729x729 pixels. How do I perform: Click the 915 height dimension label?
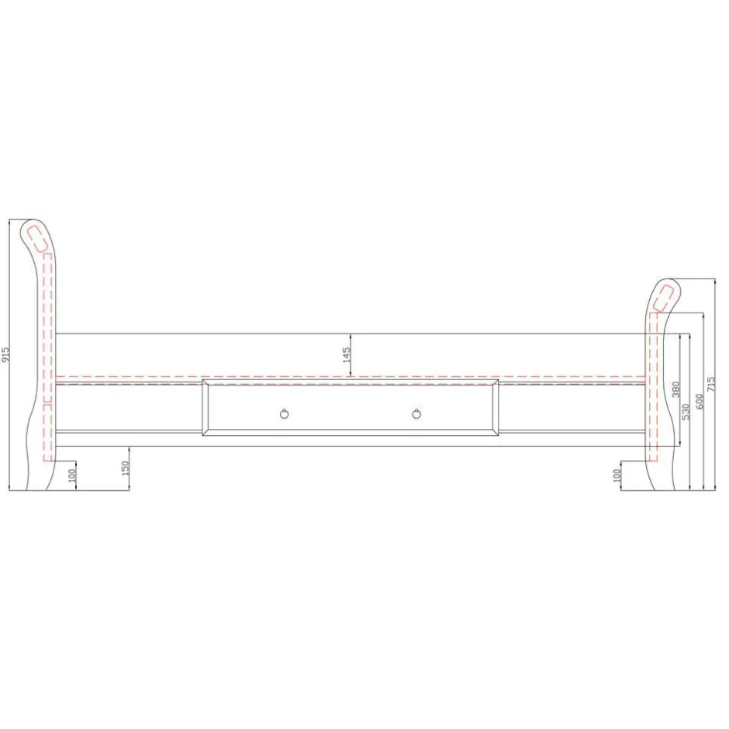tap(6, 354)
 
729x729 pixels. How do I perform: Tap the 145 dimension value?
tap(347, 354)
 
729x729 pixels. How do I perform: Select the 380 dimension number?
tap(676, 389)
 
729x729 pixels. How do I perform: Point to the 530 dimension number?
tap(686, 412)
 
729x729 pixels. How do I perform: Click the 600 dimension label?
tap(700, 402)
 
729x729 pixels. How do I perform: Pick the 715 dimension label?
tap(711, 384)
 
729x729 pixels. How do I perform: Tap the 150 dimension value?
tap(125, 468)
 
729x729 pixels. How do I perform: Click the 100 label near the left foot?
tap(71, 475)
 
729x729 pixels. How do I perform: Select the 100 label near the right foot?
tap(617, 475)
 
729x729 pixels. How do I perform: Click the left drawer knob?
tap(285, 413)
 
